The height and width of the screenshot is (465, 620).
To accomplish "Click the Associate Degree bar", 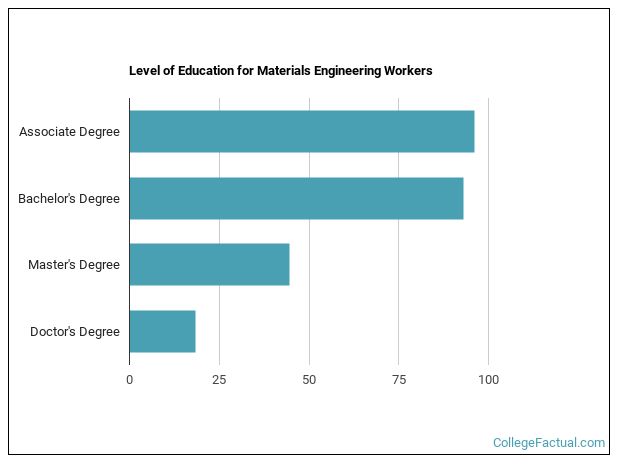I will [x=301, y=132].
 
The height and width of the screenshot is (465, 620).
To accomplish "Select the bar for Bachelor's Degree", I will [x=296, y=198].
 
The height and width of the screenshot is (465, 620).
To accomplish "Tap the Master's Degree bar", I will [x=209, y=265].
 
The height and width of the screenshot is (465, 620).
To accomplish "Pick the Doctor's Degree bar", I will [x=162, y=331].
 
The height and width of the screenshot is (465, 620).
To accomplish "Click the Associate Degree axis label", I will [x=69, y=132].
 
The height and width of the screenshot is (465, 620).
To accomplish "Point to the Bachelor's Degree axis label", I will [x=69, y=198].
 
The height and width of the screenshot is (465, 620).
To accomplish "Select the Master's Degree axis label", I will [x=74, y=265].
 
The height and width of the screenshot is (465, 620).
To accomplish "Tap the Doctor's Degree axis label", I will [x=75, y=331].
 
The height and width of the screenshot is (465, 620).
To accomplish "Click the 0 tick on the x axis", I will [x=129, y=380].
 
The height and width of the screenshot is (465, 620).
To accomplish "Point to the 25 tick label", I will [x=219, y=380].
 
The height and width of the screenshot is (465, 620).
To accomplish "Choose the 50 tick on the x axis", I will [x=309, y=380].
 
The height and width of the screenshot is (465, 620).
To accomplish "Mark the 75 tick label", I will [x=398, y=380].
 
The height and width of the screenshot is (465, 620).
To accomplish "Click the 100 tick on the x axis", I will [x=488, y=380].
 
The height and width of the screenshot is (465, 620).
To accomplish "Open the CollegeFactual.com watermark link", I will [x=549, y=442].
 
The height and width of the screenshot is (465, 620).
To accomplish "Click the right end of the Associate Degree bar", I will [x=473, y=132].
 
